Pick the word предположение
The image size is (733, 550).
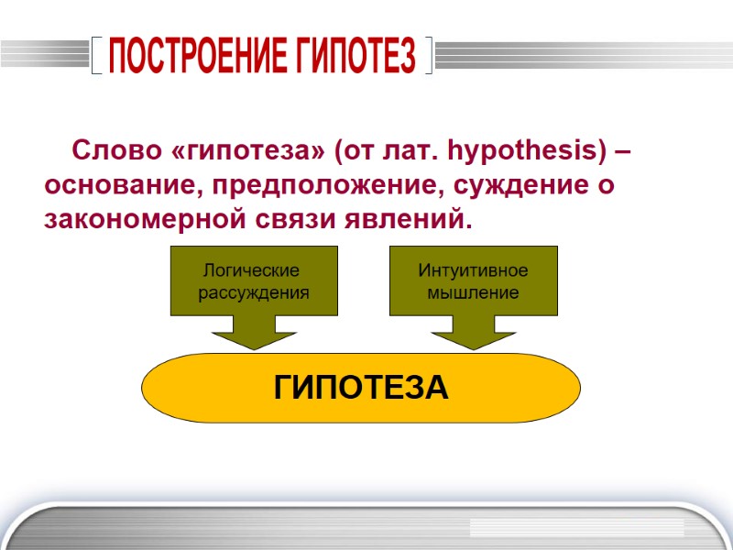pyautogui.click(x=316, y=186)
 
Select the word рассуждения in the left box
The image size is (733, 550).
pyautogui.click(x=254, y=292)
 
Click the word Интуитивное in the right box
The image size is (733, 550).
pyautogui.click(x=473, y=271)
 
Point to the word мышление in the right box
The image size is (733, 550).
pyautogui.click(x=474, y=292)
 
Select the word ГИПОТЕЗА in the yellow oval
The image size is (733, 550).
pyautogui.click(x=361, y=388)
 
